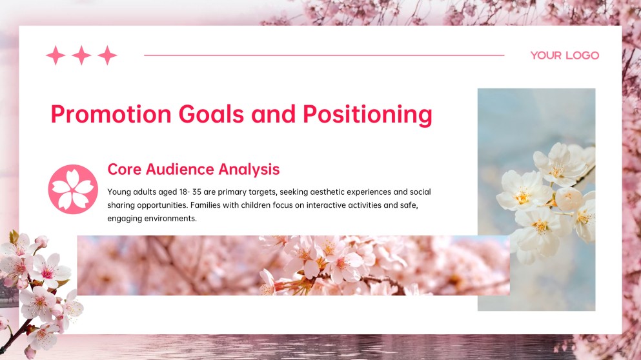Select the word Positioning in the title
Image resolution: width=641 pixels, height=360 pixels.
[367, 114]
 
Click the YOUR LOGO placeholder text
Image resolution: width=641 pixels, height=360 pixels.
[564, 55]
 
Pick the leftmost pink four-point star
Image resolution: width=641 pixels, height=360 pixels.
[56, 55]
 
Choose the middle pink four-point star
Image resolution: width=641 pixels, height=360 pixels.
[81, 55]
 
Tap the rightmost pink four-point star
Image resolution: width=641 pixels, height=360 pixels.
[107, 55]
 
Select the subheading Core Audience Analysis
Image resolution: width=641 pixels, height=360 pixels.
[193, 169]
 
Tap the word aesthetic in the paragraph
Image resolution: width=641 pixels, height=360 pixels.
[309, 192]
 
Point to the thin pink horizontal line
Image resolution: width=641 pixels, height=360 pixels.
[323, 55]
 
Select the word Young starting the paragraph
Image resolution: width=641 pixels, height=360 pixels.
[119, 192]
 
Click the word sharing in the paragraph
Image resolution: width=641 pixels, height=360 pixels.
[121, 205]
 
